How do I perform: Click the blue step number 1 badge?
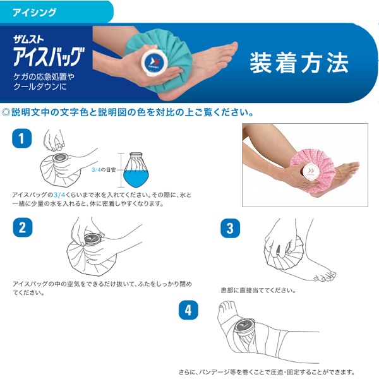[x=21, y=138]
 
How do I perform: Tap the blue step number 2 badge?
[x=23, y=227]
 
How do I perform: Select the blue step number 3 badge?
[x=230, y=228]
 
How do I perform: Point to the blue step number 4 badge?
[x=188, y=310]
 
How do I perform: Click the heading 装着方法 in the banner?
[x=299, y=63]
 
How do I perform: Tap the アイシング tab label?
[x=35, y=13]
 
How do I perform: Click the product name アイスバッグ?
[x=49, y=57]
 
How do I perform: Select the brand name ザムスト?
[x=28, y=39]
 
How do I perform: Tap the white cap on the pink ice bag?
[x=311, y=172]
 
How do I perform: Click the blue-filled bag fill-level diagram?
[x=136, y=170]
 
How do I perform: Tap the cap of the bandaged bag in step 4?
[x=244, y=327]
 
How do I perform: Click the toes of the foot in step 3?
[x=325, y=277]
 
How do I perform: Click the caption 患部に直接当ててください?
[x=258, y=290]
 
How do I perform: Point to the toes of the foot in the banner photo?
[x=231, y=49]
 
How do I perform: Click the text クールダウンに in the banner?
[x=40, y=87]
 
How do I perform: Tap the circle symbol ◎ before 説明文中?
[x=6, y=112]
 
